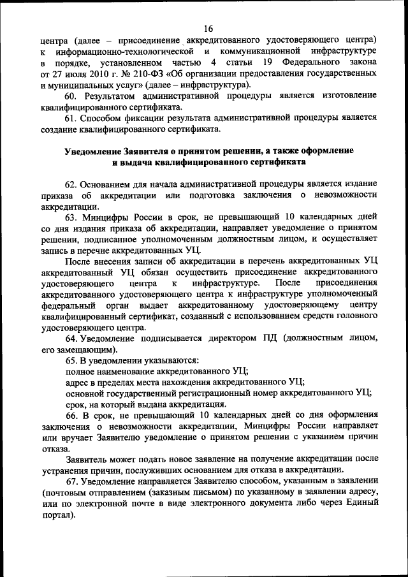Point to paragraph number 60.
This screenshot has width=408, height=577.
click(x=72, y=95)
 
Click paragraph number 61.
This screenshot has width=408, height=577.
click(x=71, y=118)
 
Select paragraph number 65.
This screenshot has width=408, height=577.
click(x=71, y=361)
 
